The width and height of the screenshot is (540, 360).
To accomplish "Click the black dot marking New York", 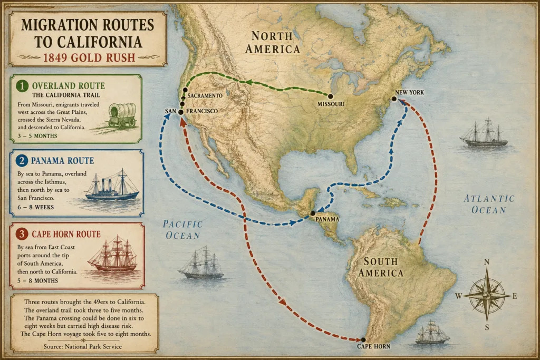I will [394, 99].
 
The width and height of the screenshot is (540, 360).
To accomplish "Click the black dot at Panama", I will [313, 213].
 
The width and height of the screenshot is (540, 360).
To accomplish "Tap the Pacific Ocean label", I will [182, 230].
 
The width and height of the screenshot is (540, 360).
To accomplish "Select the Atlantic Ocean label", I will [488, 204].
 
